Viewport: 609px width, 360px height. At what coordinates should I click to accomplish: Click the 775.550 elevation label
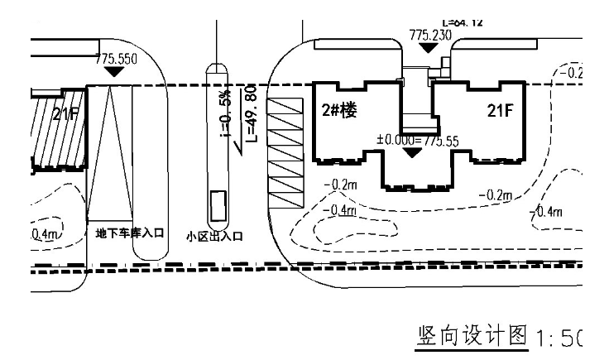(116, 60)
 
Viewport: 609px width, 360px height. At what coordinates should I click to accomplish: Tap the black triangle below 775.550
(116, 72)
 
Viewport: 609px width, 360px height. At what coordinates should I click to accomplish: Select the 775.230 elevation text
(430, 35)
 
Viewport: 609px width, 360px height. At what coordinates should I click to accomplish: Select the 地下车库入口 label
(129, 233)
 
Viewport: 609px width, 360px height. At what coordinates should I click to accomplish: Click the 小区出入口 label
(214, 237)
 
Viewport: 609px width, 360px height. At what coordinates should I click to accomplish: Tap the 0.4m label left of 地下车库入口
(46, 234)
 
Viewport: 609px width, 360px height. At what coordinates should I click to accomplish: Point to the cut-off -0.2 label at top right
(570, 73)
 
